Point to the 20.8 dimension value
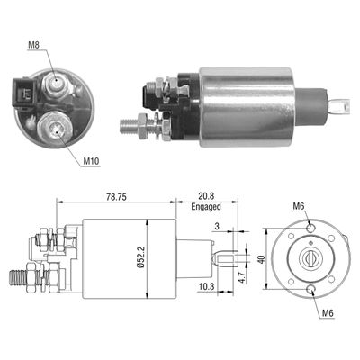[x=205, y=193]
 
